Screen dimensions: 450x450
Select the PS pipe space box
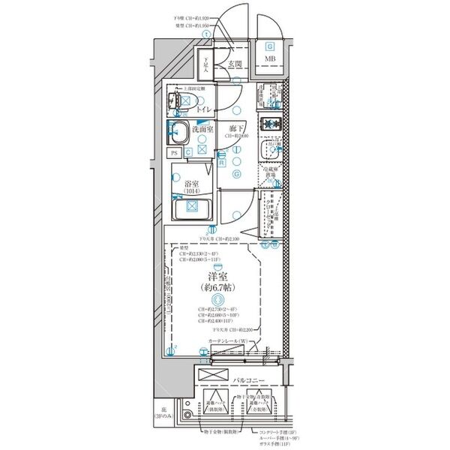(174, 152)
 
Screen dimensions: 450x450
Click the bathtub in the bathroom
(191, 209)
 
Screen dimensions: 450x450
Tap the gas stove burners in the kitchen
(269, 124)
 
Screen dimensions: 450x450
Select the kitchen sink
(268, 151)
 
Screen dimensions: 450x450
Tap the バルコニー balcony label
(248, 382)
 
